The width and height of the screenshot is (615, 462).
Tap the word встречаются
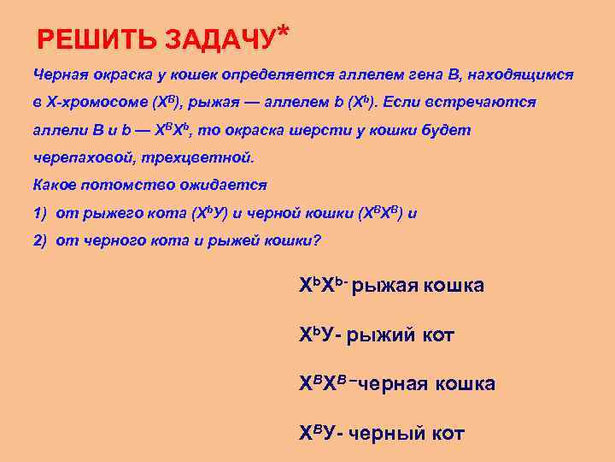[x=488, y=102]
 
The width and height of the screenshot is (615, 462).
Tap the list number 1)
[x=40, y=212]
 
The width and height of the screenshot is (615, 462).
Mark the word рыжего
[x=107, y=212]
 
